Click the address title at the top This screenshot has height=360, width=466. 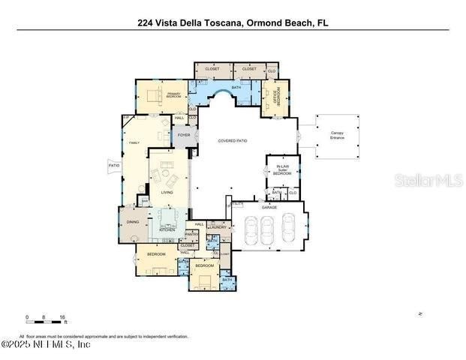pyautogui.click(x=233, y=22)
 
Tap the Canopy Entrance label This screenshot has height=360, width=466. pyautogui.click(x=338, y=135)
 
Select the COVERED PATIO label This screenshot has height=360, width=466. pyautogui.click(x=233, y=141)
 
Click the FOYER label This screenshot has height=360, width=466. pyautogui.click(x=184, y=135)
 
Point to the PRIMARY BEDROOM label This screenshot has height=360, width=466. pyautogui.click(x=174, y=95)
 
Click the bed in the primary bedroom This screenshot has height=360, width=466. pyautogui.click(x=155, y=94)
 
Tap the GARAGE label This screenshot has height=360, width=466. pyautogui.click(x=269, y=207)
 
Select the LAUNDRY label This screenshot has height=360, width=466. pyautogui.click(x=207, y=226)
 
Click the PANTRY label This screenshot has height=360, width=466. pyautogui.click(x=189, y=234)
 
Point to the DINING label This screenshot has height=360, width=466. pyautogui.click(x=132, y=221)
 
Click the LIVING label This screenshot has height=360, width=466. pyautogui.click(x=167, y=192)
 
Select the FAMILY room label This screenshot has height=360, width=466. pyautogui.click(x=135, y=142)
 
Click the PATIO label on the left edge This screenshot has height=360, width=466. pyautogui.click(x=114, y=165)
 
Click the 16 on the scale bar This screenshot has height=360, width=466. pyautogui.click(x=62, y=317)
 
